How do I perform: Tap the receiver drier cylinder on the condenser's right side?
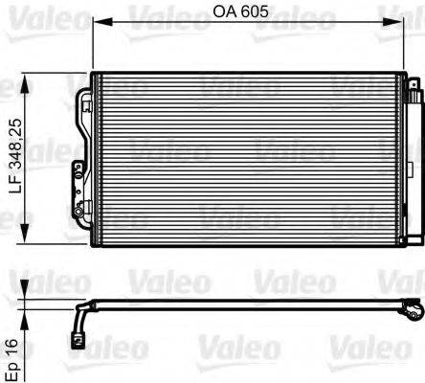[413, 163]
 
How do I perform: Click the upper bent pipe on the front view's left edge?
[81, 96]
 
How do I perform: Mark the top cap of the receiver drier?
[413, 84]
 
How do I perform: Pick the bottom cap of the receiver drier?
[413, 239]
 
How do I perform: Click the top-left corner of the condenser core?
[94, 74]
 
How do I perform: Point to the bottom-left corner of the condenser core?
[94, 246]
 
